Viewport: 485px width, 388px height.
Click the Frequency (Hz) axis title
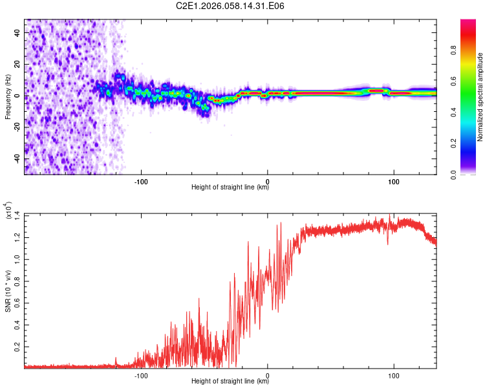coord(8,96)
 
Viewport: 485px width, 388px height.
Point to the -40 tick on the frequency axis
coord(15,159)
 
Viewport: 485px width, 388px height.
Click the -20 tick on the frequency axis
coord(15,127)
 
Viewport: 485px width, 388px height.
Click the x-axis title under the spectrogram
coord(230,188)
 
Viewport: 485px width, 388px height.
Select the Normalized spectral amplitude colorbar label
coord(480,97)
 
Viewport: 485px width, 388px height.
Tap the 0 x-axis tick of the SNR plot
coord(268,374)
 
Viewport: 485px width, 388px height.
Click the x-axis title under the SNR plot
coord(230,382)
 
